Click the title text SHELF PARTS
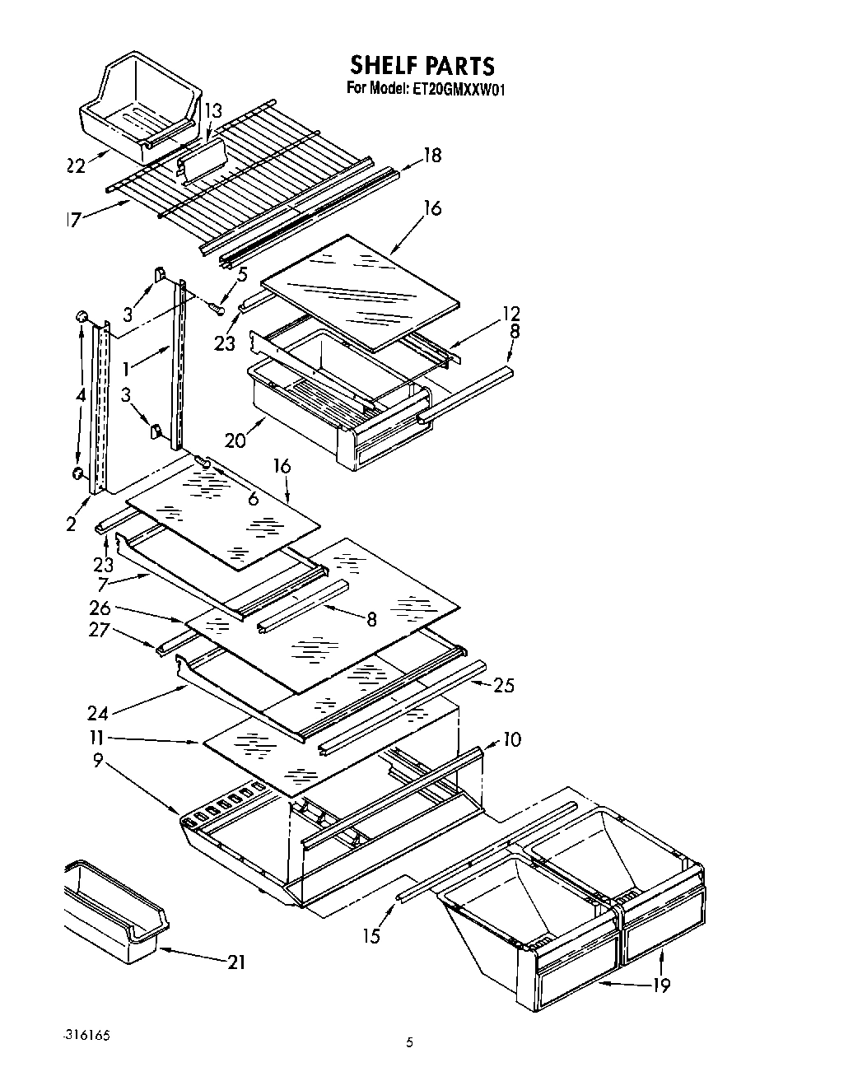(422, 65)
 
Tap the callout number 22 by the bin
(76, 165)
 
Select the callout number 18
(431, 155)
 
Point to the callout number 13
(212, 110)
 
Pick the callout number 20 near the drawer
(235, 440)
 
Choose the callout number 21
(235, 961)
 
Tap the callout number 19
(660, 984)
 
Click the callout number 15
(372, 936)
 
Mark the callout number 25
(504, 684)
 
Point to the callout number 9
(99, 762)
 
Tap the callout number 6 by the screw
(252, 498)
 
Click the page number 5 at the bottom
(409, 1043)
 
